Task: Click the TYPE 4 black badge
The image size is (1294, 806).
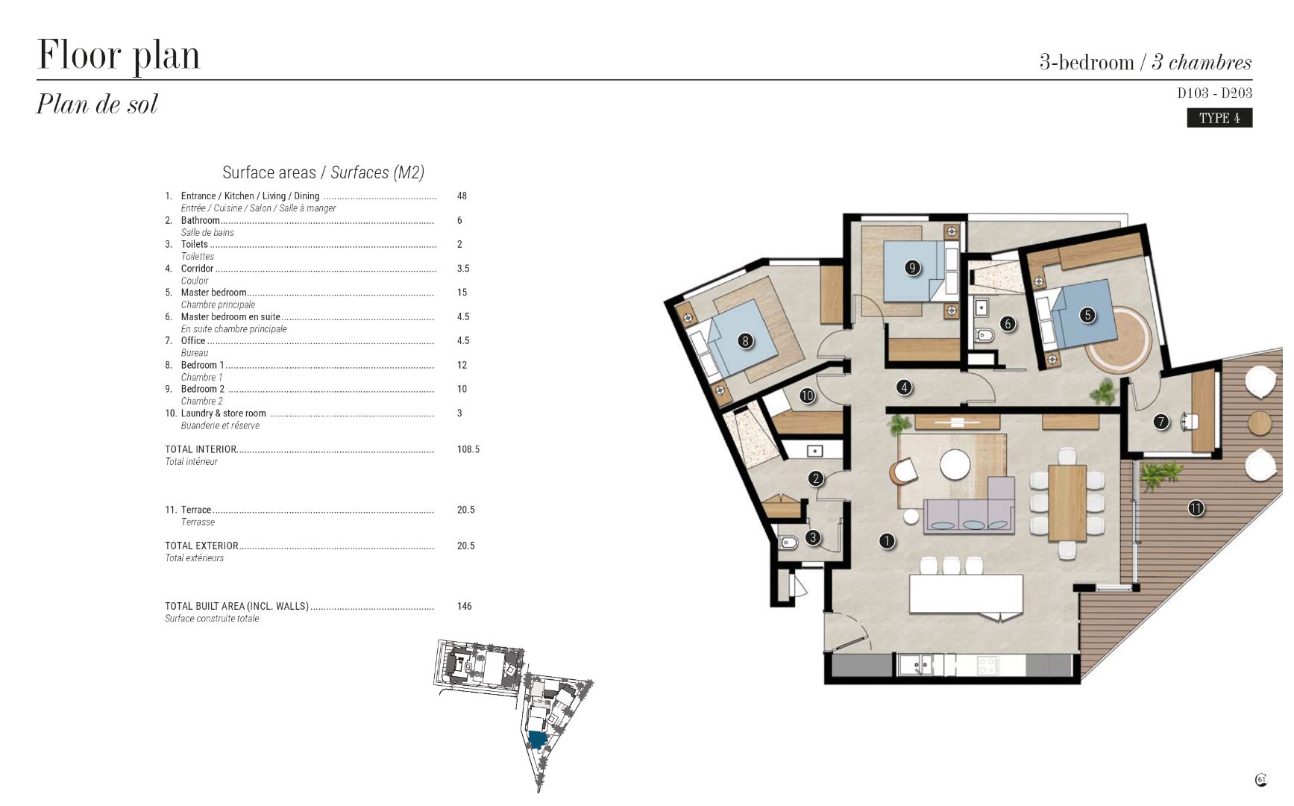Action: coord(1219,118)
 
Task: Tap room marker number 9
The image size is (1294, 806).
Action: coord(912,267)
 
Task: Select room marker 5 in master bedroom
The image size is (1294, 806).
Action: coord(1087,315)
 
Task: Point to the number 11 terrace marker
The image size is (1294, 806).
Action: coord(1196,508)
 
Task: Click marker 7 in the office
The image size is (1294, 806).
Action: coord(1160,422)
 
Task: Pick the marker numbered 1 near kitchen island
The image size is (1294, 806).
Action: coord(887,541)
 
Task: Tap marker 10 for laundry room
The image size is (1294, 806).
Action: coord(807,396)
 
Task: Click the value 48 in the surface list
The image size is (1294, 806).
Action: coord(462,196)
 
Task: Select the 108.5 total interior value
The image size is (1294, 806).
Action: coord(468,449)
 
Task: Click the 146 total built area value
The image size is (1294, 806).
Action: coord(465,606)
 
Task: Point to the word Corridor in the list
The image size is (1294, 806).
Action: coord(197,269)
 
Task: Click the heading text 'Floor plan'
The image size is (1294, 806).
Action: coord(119,55)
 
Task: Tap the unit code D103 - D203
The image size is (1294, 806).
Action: coord(1214,93)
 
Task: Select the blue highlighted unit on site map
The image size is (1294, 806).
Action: coord(537,740)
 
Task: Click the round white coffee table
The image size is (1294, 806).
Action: coord(955,464)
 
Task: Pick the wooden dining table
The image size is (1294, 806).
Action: coord(1067,502)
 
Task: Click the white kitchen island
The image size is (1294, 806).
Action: coord(966,595)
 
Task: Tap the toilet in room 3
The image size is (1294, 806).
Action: coord(788,543)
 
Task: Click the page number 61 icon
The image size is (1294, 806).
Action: coord(1261,780)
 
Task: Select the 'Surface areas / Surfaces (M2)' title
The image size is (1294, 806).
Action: coord(323,172)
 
